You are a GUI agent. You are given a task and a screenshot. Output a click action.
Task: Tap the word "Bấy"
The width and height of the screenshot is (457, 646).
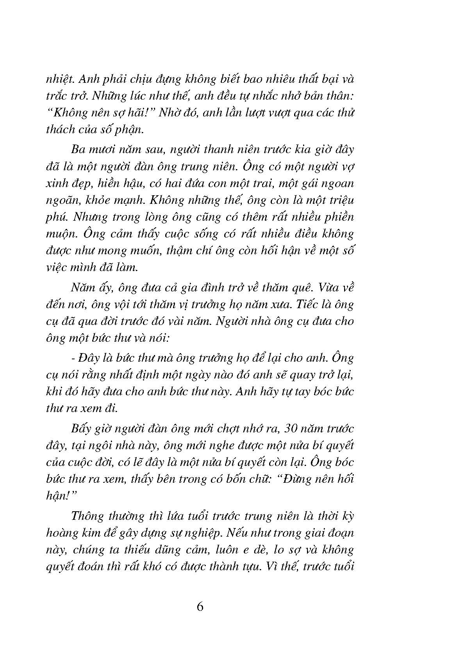[81, 429]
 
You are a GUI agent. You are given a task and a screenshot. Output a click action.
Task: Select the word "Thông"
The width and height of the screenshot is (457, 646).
[88, 516]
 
